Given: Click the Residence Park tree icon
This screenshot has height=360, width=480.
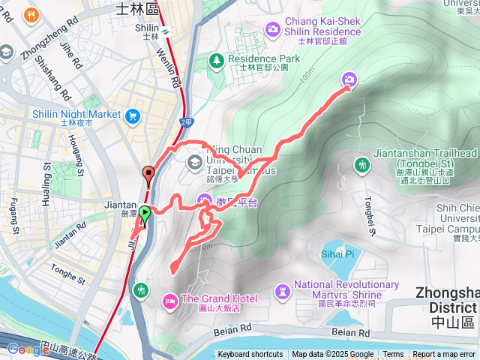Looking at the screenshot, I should click(216, 58).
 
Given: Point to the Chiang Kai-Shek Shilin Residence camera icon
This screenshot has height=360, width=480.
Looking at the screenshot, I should click(273, 29).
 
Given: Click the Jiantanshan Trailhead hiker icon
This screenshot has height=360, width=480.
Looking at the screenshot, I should click(363, 164).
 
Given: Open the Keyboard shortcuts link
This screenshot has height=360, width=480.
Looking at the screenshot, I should click(250, 355).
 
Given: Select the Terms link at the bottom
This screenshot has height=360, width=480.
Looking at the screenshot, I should click(393, 355).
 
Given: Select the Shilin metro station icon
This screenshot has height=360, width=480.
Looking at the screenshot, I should click(164, 31).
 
